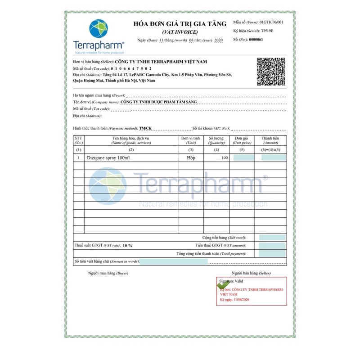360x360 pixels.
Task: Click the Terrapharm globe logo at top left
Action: point(99,28)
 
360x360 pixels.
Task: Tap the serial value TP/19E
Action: point(267,31)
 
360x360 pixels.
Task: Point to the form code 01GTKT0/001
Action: point(271,22)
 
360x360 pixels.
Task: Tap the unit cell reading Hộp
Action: point(191,158)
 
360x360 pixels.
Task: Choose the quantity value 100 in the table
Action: point(224,158)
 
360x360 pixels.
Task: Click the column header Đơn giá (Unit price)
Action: point(242,140)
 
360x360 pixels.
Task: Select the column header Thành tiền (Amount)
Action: point(270,140)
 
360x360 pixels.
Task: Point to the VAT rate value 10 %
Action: point(127,246)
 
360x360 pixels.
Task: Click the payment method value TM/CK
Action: point(145,128)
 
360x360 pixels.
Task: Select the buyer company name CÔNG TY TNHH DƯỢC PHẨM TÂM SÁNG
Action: point(159,102)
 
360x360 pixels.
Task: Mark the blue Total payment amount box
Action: point(272,254)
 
